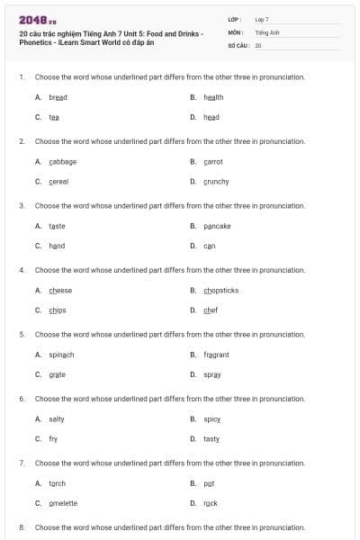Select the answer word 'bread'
click(x=58, y=97)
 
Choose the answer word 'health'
click(x=213, y=97)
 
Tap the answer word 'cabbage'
click(x=62, y=161)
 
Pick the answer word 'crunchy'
click(x=216, y=181)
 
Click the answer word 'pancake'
click(x=217, y=226)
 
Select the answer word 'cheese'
click(x=60, y=290)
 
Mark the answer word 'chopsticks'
click(x=220, y=290)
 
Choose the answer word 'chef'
click(x=211, y=310)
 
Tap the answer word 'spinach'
click(x=61, y=355)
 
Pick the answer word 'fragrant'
click(x=216, y=355)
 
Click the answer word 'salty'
click(x=57, y=418)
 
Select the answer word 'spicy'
click(x=212, y=418)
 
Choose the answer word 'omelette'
click(x=63, y=503)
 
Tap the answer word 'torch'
click(x=57, y=483)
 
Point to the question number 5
click(x=22, y=334)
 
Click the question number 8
click(x=22, y=526)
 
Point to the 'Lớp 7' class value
click(x=262, y=19)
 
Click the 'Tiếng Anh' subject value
click(x=267, y=31)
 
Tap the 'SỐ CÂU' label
click(x=238, y=44)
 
